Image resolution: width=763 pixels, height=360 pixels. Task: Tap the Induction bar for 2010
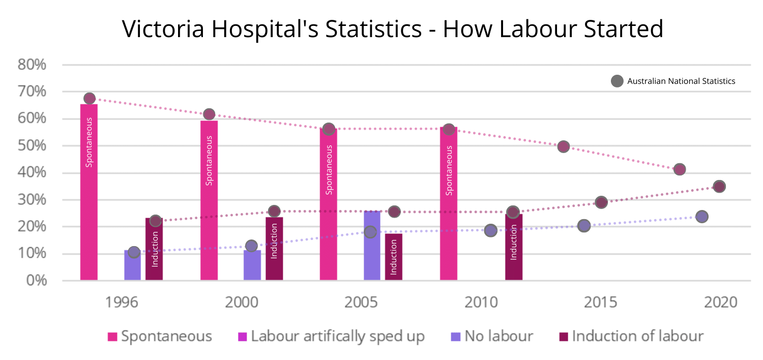[513, 247]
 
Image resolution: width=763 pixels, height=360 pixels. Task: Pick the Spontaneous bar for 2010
[449, 203]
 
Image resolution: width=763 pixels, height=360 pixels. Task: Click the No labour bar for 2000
[252, 265]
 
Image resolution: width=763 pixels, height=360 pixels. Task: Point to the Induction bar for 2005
[393, 257]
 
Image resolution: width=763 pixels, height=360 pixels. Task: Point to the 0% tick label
[36, 281]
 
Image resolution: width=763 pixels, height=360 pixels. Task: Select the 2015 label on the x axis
[600, 303]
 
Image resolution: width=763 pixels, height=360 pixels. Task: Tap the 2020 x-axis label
[720, 303]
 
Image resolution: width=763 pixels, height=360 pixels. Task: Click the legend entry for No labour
[491, 336]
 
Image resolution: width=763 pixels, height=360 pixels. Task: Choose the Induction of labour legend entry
[631, 336]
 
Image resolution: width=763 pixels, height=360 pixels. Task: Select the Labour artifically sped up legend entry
[331, 336]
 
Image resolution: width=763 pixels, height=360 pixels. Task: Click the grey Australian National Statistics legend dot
[617, 81]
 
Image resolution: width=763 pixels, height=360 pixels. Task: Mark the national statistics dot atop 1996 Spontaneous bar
[90, 98]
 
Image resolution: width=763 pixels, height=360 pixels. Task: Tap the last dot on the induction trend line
[719, 186]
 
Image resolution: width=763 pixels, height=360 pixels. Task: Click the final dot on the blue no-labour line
[702, 217]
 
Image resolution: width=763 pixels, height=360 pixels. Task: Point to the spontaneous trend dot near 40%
[680, 169]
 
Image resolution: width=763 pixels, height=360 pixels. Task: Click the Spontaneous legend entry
[160, 336]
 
